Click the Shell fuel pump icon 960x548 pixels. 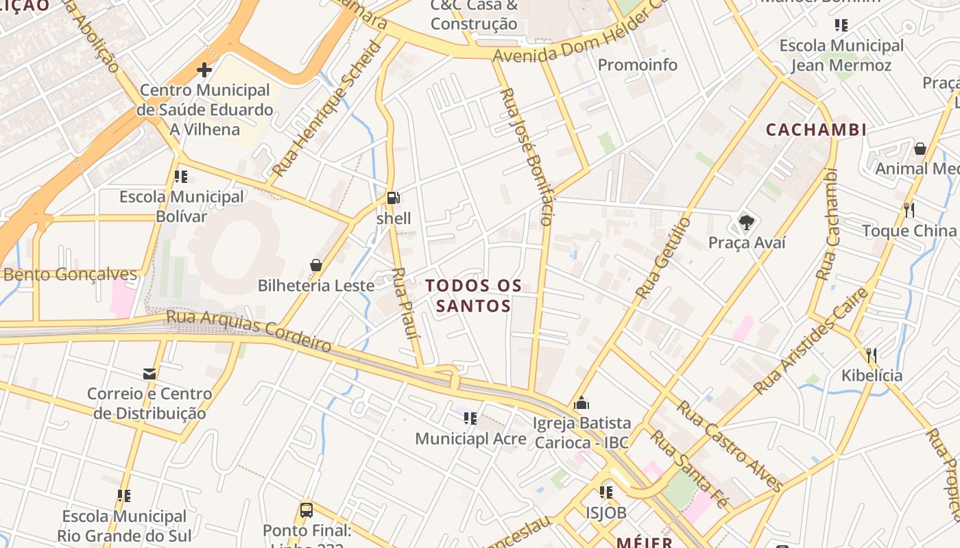point(394,199)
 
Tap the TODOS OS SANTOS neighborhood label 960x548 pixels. point(474,295)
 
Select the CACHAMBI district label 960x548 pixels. point(816,129)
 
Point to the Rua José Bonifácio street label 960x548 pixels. point(527,156)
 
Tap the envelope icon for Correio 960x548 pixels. point(149,374)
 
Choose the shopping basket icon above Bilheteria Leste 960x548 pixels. point(316,265)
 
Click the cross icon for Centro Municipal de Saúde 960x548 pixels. point(204,70)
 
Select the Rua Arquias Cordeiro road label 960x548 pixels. point(249,330)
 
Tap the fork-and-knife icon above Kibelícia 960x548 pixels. point(872,355)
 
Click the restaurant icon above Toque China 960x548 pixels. point(909,210)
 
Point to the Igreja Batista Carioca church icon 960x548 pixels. point(581,403)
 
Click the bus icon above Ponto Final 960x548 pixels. point(307,510)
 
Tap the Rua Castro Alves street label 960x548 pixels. point(730,446)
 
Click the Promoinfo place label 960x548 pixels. point(638,65)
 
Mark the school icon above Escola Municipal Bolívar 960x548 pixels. point(181,177)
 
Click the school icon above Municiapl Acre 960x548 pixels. point(470,418)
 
